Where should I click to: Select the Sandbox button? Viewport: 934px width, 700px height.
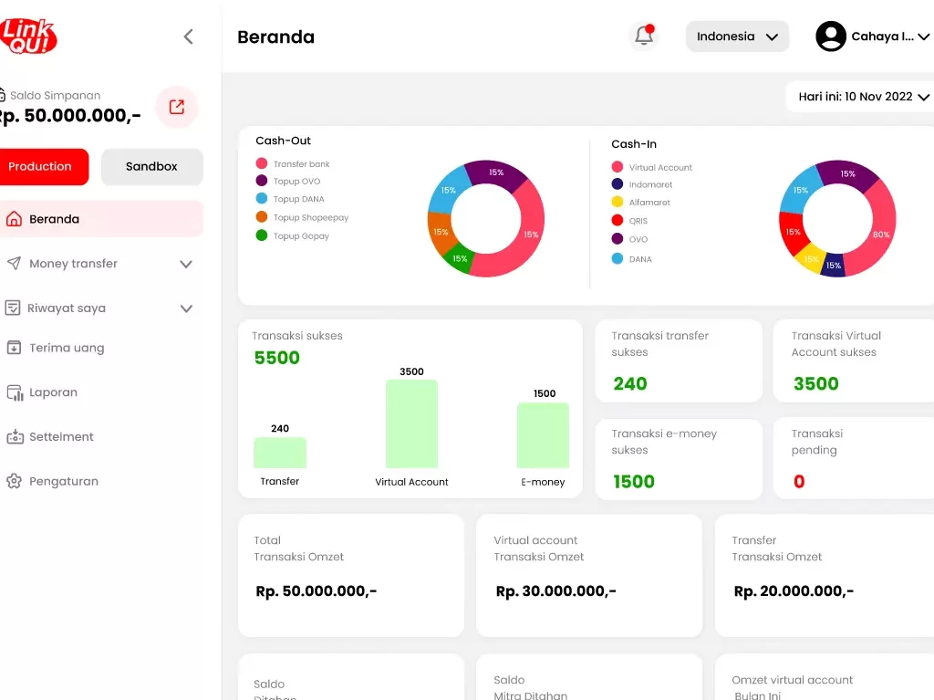151,167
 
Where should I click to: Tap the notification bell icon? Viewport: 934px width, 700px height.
644,37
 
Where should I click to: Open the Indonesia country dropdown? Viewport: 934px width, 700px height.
737,37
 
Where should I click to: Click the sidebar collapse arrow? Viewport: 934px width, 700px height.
188,37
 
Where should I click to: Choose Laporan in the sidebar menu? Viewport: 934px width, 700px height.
53,392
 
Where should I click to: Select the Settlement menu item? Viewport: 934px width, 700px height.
61,437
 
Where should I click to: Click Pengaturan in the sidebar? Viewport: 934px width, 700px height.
63,482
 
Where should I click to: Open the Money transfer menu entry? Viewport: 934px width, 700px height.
73,264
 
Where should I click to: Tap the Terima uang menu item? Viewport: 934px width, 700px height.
67,348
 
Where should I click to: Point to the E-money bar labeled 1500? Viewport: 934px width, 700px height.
543,435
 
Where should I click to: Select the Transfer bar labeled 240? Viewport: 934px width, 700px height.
280,453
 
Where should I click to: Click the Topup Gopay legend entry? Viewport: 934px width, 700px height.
300,236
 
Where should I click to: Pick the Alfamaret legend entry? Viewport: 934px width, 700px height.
649,203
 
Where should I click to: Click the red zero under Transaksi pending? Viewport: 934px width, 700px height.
799,482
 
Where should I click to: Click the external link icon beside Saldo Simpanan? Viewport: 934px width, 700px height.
177,107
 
